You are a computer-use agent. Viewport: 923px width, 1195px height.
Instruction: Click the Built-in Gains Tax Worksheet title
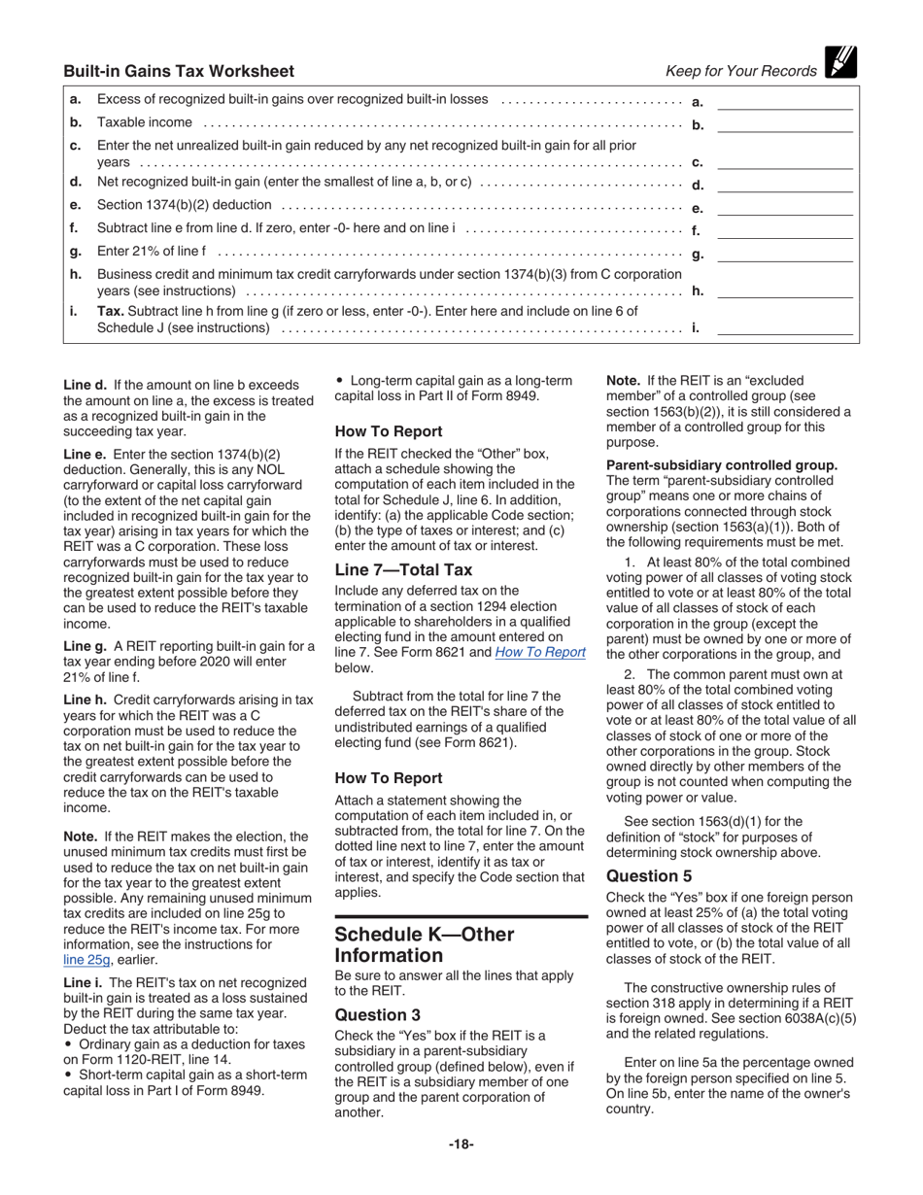coord(179,71)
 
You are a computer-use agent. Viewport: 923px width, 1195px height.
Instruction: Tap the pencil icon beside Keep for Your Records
coord(839,62)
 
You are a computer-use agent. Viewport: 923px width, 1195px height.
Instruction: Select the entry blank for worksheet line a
coord(784,100)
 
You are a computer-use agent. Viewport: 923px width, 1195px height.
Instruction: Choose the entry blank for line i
coord(784,327)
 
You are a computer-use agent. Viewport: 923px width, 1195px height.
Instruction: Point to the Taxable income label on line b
coord(145,122)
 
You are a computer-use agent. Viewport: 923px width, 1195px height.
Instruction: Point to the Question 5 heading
coord(649,875)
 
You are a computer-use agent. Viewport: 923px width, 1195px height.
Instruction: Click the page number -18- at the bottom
coord(461,1144)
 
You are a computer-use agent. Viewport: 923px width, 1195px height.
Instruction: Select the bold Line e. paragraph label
coord(85,454)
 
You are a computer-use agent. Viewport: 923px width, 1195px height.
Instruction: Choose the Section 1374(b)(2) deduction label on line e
coord(185,206)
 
